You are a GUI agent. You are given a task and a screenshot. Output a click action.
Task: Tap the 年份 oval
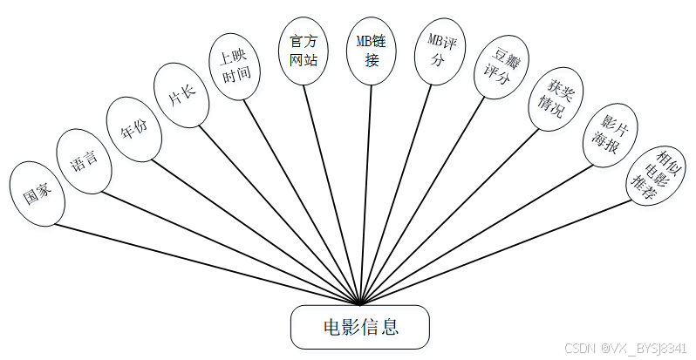point(132,130)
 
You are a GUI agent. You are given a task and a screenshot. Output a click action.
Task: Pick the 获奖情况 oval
point(555,98)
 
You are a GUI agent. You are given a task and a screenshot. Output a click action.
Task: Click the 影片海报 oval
point(609,135)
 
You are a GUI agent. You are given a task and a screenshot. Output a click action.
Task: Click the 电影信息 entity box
point(360,328)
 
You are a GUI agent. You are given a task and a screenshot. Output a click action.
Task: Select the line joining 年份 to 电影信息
point(253,230)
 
